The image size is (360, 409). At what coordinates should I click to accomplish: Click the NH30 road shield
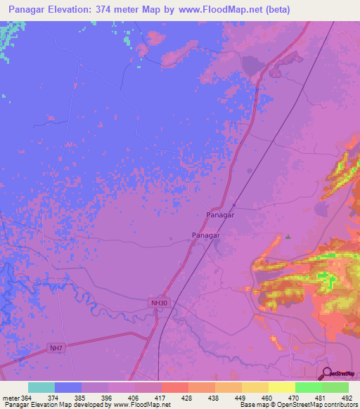click(159, 303)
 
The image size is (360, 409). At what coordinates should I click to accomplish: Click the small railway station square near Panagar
click(234, 205)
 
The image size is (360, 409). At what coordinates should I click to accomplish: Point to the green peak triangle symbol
click(288, 237)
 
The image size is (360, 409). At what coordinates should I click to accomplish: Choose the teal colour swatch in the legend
click(41, 387)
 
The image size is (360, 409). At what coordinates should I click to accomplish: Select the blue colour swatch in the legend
click(67, 387)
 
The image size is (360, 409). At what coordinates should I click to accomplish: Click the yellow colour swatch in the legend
click(281, 387)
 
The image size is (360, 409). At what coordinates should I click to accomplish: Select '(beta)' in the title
click(275, 11)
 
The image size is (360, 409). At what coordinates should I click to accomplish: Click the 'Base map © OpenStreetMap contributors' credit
click(299, 405)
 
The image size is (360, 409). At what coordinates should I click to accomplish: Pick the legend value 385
click(81, 398)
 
